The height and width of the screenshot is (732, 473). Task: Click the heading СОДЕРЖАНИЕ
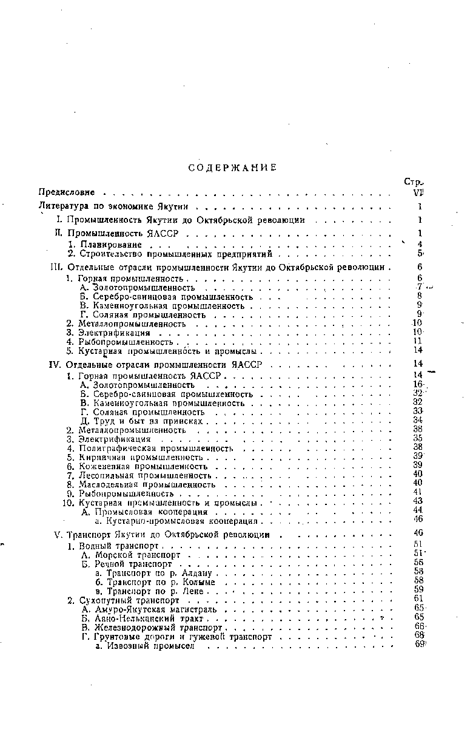click(x=232, y=168)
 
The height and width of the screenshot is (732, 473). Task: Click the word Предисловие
click(x=67, y=193)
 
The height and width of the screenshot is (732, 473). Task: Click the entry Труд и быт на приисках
click(x=145, y=421)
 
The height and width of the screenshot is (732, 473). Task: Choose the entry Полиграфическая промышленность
click(x=156, y=448)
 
